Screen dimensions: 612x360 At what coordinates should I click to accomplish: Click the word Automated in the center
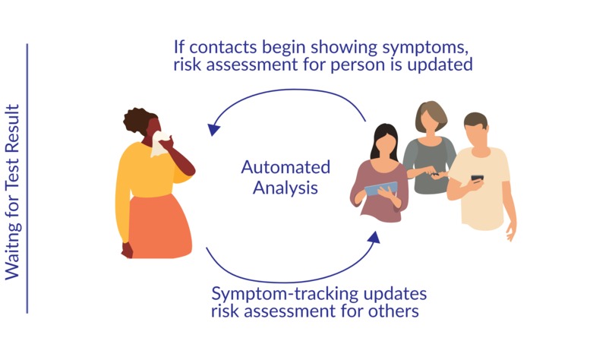(285, 167)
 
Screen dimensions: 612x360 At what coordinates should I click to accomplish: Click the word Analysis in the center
(285, 188)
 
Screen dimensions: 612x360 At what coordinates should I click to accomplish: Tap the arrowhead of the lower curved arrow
(374, 237)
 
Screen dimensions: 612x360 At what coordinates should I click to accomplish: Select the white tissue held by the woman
(159, 144)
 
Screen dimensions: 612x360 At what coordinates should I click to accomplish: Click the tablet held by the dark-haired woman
(380, 189)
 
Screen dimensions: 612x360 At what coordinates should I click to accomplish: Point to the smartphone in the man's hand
(477, 178)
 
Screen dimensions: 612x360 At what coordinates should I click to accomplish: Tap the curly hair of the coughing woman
(139, 122)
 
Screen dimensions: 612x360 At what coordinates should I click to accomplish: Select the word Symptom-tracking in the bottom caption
(285, 295)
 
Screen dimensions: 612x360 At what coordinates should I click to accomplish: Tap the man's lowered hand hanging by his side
(511, 232)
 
